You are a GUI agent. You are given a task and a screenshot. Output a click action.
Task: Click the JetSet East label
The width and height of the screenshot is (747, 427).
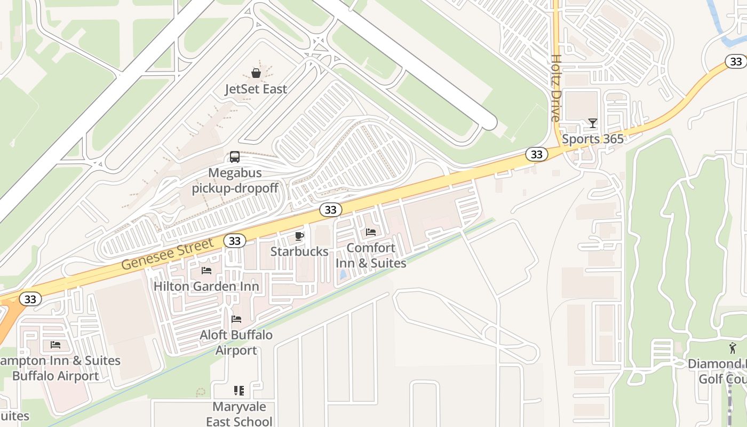pyautogui.click(x=256, y=89)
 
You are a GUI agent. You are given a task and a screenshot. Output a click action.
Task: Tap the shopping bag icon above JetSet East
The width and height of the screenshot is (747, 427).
pyautogui.click(x=256, y=73)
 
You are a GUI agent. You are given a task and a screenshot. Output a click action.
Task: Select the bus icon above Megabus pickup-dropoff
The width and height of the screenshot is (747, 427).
pyautogui.click(x=235, y=157)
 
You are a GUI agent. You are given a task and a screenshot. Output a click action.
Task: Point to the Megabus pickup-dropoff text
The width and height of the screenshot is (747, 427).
pyautogui.click(x=235, y=181)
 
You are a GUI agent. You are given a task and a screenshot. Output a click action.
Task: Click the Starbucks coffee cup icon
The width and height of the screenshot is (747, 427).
pyautogui.click(x=299, y=236)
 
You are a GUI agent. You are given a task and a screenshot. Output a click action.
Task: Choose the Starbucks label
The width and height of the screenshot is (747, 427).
pyautogui.click(x=299, y=251)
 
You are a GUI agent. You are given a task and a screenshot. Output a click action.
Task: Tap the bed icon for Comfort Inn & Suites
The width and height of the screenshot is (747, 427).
pyautogui.click(x=371, y=232)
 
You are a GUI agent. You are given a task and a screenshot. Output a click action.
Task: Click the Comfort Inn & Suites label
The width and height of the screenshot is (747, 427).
pyautogui.click(x=371, y=256)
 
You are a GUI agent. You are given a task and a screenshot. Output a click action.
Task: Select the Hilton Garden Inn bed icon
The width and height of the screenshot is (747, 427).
pyautogui.click(x=206, y=271)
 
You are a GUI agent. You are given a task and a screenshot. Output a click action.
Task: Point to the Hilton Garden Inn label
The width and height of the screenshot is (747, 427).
pyautogui.click(x=206, y=287)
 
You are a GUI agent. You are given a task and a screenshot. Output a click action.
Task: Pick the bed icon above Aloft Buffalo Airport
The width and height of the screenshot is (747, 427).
pyautogui.click(x=236, y=319)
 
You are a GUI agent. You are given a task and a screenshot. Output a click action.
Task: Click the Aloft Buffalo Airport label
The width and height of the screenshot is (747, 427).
pyautogui.click(x=236, y=343)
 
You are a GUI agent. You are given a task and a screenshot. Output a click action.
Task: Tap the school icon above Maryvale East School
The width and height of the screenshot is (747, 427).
pyautogui.click(x=239, y=391)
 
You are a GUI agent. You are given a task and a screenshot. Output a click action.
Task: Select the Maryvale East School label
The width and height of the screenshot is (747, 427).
pyautogui.click(x=239, y=414)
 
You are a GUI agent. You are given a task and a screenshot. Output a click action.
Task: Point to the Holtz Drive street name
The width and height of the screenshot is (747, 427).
pyautogui.click(x=556, y=88)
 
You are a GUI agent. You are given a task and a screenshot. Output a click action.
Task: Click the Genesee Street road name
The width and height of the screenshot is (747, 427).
pyautogui.click(x=168, y=255)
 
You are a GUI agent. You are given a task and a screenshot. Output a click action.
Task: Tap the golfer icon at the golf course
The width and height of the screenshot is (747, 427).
pyautogui.click(x=733, y=348)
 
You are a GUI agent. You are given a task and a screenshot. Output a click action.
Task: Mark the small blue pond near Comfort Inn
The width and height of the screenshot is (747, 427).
pyautogui.click(x=342, y=275)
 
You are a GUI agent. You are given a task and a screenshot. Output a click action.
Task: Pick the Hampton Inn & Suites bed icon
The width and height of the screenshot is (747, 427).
pyautogui.click(x=55, y=345)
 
